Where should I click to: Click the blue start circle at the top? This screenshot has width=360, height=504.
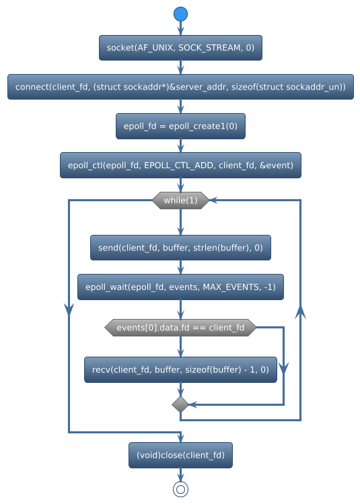point(180,14)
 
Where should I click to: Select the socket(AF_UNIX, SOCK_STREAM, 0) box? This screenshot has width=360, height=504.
point(180,48)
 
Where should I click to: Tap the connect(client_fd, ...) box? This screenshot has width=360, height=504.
point(180,87)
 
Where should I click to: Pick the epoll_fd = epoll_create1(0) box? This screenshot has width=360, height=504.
point(180,126)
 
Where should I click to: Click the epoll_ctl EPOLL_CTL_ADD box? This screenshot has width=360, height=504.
point(180,165)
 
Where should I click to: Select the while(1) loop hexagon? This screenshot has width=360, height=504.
point(180,201)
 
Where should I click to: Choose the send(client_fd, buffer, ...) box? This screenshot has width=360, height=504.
point(180,248)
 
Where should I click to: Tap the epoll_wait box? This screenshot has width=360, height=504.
point(180,287)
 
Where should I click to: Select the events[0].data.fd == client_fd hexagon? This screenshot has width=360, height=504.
point(180,328)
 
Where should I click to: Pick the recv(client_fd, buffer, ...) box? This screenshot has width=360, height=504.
point(180,369)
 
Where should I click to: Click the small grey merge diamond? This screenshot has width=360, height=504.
point(180,404)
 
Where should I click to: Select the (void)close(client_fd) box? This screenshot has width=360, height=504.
point(180,455)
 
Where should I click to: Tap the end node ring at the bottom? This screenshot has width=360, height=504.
point(180,489)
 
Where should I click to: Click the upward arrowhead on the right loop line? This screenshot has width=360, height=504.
point(300,312)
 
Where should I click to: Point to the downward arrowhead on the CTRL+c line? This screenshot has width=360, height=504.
point(69,308)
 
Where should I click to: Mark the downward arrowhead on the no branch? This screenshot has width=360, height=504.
point(284,367)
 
